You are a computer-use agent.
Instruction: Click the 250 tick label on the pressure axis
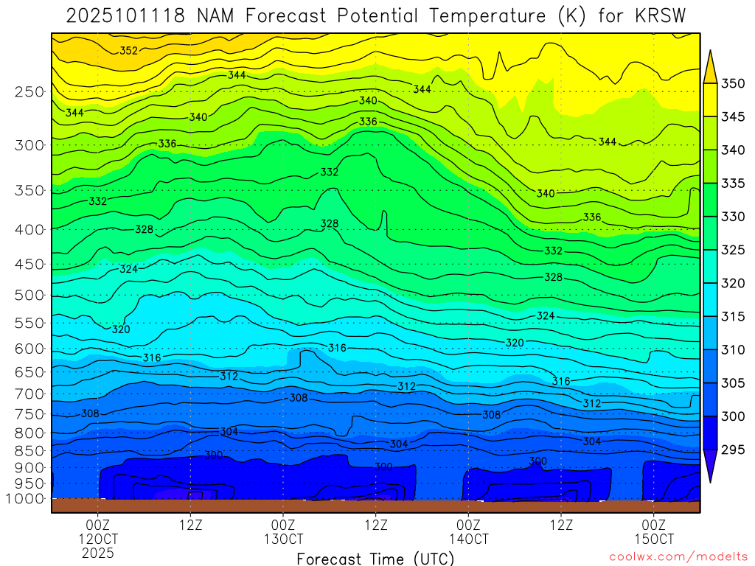coord(29,91)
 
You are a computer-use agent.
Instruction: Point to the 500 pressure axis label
coord(29,295)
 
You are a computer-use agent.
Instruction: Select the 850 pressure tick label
coord(29,450)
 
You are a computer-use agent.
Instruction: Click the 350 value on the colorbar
coord(733,83)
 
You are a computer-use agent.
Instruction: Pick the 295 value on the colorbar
coord(733,450)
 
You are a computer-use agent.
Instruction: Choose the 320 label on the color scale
coord(733,283)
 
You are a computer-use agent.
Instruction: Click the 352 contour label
coord(129,51)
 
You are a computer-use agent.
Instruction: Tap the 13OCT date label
coord(284,539)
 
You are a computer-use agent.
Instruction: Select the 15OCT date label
coord(655,539)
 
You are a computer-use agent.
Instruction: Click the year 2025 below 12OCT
coord(99,553)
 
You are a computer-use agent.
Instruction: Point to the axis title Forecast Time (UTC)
coord(376,559)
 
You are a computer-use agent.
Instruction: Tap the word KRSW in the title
coord(663,15)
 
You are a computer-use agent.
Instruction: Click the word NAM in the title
coord(220,15)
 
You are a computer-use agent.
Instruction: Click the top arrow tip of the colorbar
coord(711,52)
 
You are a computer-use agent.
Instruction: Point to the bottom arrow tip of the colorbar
coord(711,482)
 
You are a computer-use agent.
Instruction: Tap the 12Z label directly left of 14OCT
coord(376,525)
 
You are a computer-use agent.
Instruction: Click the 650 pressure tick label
coord(29,372)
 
